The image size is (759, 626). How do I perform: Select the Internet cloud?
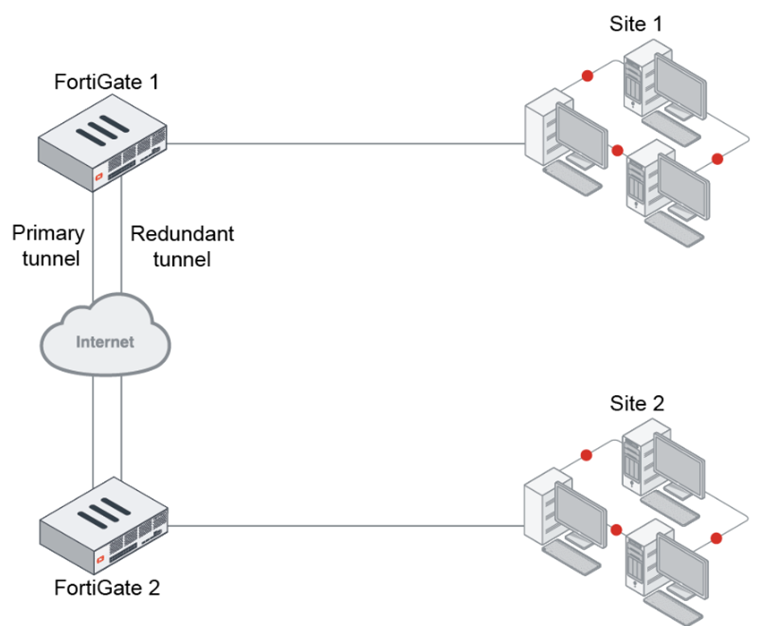coord(105,341)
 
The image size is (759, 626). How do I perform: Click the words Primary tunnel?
coord(48,245)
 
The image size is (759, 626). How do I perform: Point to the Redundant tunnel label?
coord(182,245)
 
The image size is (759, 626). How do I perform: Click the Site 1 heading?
coord(636,23)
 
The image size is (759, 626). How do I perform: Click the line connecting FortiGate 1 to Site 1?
coord(346,145)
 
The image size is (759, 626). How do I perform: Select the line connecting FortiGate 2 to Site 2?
coord(346,527)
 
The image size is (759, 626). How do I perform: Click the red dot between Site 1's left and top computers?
coord(588,76)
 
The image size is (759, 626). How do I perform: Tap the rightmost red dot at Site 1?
coord(717,159)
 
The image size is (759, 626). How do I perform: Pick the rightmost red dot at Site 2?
coord(717,537)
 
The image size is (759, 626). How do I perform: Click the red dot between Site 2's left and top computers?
coord(588,453)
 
